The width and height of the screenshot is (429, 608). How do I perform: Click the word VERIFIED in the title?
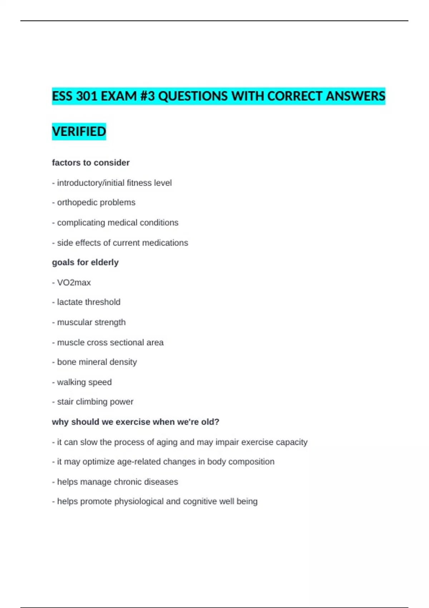click(x=79, y=132)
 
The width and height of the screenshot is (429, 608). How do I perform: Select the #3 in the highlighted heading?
click(x=148, y=96)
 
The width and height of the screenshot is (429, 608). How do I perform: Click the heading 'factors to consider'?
click(x=91, y=163)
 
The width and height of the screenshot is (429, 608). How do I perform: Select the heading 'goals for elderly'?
click(x=85, y=263)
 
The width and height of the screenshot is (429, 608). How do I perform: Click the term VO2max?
click(x=74, y=283)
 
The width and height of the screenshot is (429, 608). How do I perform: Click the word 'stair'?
click(x=65, y=402)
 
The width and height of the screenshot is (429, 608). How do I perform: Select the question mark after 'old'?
click(x=217, y=422)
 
